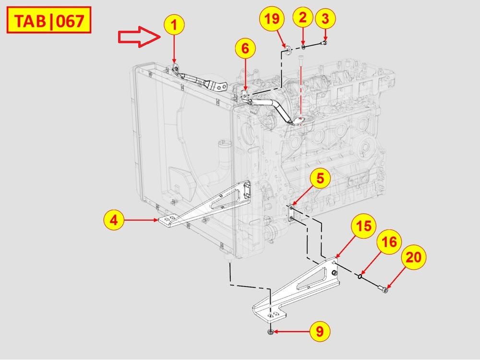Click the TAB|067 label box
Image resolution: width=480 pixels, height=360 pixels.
point(47,22)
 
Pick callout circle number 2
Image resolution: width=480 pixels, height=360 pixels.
point(302,18)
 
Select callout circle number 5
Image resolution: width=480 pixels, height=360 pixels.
point(320,179)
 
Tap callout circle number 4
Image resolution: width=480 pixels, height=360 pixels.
point(114,220)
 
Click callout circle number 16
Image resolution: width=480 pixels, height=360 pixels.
point(389,242)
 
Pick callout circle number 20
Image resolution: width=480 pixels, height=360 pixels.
point(414,257)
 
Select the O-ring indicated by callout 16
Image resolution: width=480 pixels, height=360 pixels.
point(359,276)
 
